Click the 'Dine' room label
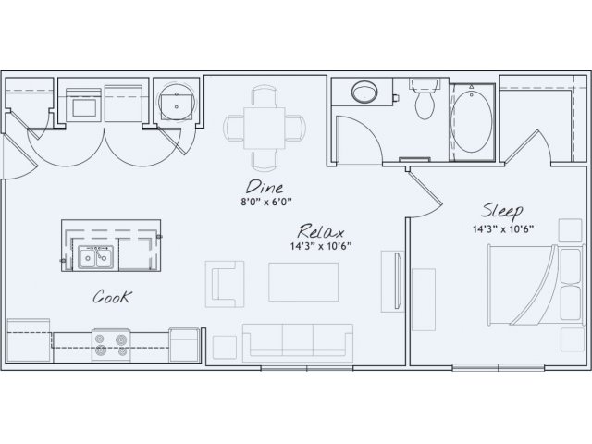pos(265,187)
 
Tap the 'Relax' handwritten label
pos(321,231)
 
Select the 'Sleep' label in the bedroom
pos(502,211)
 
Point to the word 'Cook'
pos(113,297)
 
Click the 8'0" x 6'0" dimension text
pos(266,202)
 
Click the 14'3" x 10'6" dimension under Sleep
pos(503,228)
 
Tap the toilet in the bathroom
pos(425,99)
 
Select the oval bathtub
pos(473,121)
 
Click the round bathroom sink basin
pos(364,91)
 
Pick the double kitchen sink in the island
pos(95,257)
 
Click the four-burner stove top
pos(111,345)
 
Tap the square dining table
pos(265,128)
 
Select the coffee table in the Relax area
pos(303,282)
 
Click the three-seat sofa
pos(298,343)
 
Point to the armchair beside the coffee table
pos(225,284)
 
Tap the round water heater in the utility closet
pos(177,101)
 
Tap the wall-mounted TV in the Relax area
pos(398,281)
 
